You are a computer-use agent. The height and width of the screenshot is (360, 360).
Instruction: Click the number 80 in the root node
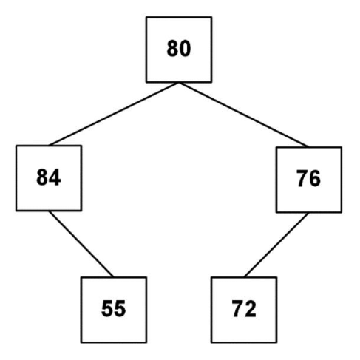(x=179, y=49)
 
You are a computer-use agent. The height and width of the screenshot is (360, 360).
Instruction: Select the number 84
(x=49, y=177)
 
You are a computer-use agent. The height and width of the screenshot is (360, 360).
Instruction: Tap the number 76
(x=308, y=179)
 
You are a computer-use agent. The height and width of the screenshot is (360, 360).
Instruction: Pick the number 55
(x=114, y=308)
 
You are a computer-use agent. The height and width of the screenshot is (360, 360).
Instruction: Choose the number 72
(x=244, y=308)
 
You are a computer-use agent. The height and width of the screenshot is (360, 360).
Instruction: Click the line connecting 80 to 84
(x=114, y=114)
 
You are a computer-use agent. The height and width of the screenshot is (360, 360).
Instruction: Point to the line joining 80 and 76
(x=243, y=115)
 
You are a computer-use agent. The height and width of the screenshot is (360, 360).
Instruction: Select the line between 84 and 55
(x=81, y=244)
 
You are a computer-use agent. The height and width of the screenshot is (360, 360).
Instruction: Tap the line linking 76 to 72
(x=276, y=245)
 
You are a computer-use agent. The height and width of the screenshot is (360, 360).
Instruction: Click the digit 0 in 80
(x=185, y=49)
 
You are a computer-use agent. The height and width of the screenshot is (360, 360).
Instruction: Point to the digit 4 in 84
(x=55, y=177)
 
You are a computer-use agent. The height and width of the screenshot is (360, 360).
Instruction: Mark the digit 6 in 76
(x=315, y=179)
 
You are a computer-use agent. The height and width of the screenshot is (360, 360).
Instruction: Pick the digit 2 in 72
(x=251, y=308)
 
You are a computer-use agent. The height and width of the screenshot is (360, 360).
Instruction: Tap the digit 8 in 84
(x=42, y=177)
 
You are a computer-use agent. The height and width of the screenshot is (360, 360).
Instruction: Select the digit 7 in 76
(x=302, y=179)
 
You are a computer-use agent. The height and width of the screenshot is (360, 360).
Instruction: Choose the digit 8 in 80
(x=172, y=49)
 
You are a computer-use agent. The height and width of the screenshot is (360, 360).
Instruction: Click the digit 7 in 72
(x=237, y=308)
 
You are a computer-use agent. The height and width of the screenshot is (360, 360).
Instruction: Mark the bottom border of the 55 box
(x=114, y=342)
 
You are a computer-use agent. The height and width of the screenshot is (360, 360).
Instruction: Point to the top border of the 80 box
(x=179, y=17)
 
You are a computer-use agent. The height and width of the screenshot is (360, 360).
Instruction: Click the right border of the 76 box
(x=342, y=180)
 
